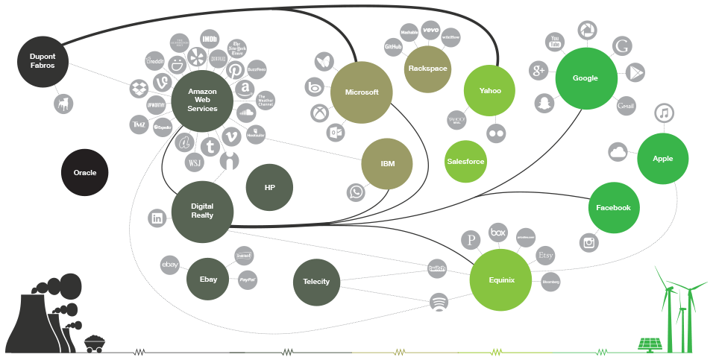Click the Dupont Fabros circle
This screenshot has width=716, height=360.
(x=43, y=60)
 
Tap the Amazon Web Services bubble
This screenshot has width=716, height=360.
(x=203, y=99)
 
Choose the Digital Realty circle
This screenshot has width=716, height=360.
(x=202, y=211)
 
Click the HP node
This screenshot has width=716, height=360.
(x=269, y=188)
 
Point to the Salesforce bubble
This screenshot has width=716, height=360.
(x=465, y=161)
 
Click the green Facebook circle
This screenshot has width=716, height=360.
(x=614, y=208)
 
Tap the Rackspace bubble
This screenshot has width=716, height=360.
(x=427, y=69)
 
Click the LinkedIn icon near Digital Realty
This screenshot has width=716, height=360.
(x=157, y=218)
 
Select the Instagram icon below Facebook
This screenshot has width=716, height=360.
(x=589, y=241)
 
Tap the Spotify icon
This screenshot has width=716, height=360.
(x=440, y=302)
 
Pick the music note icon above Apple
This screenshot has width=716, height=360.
(x=663, y=113)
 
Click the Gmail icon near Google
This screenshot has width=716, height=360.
(x=626, y=106)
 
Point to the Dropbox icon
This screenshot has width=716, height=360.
(x=139, y=88)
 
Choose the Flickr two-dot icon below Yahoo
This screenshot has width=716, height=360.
(x=496, y=133)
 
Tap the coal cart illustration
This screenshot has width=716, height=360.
(x=94, y=342)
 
